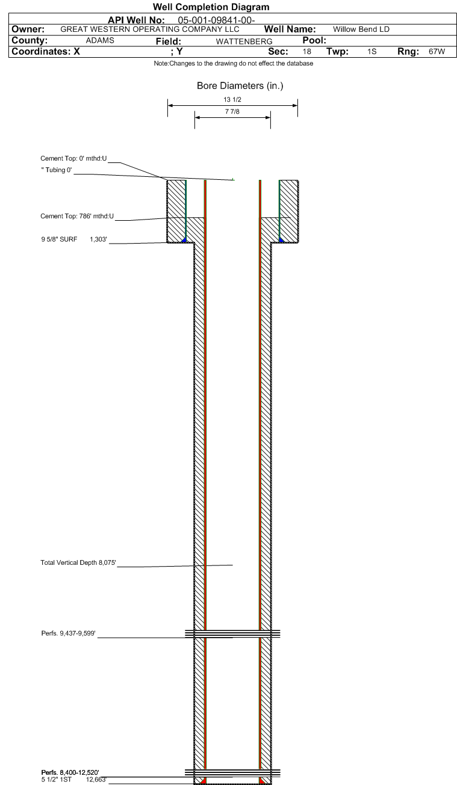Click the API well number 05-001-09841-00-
coord(217,21)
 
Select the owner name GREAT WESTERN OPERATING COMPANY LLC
coord(150,29)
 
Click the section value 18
coord(307,52)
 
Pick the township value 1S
coord(372,52)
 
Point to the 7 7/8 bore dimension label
coord(232,112)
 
